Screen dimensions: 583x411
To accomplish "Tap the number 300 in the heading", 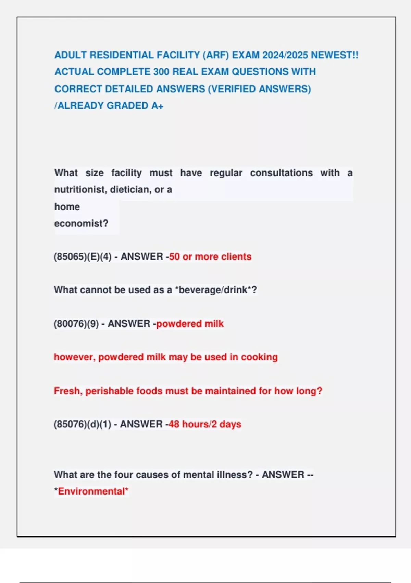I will point(161,72).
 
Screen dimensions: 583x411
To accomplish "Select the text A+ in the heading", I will point(157,106).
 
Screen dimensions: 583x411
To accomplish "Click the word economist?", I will point(81,224).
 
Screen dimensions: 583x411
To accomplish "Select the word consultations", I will point(281,173).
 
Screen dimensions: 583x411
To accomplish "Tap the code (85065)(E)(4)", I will point(83,257).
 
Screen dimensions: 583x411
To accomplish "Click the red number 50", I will point(174,257).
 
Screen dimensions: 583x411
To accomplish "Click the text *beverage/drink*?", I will point(216,290).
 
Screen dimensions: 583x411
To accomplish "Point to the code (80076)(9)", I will point(76,324).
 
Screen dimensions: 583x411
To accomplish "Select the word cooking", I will point(259,357).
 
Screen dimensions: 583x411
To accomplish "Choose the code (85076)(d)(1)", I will point(82,425).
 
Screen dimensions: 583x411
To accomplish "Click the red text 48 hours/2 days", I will point(205,425).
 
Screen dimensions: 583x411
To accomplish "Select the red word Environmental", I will point(91,491).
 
